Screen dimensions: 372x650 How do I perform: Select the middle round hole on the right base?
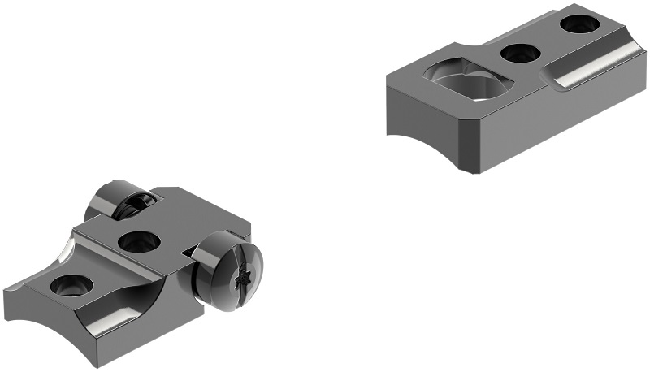pyautogui.click(x=521, y=54)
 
